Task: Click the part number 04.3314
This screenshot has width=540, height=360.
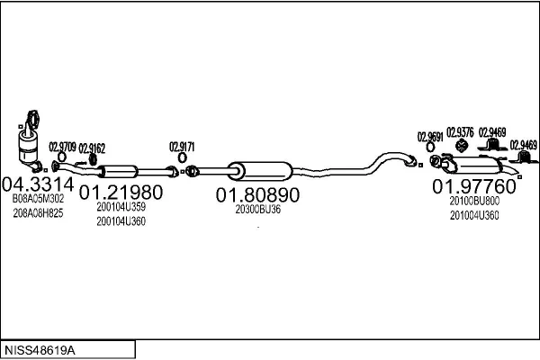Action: [x=38, y=184]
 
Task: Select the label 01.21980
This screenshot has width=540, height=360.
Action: [x=121, y=193]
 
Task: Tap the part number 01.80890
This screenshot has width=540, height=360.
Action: [x=257, y=195]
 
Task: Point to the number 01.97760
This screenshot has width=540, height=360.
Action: [x=474, y=186]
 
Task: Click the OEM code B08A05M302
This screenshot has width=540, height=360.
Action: [x=38, y=198]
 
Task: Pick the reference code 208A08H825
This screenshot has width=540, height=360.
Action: [x=38, y=213]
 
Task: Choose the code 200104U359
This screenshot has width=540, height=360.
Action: [x=121, y=207]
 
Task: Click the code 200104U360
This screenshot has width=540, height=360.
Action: [x=121, y=221]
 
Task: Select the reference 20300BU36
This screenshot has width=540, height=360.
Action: [x=258, y=209]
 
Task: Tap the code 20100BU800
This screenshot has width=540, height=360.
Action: [x=474, y=201]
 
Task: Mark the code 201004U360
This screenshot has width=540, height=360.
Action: [x=474, y=215]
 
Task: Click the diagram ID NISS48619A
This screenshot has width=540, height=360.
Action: [x=40, y=350]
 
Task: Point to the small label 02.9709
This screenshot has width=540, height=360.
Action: [x=62, y=147]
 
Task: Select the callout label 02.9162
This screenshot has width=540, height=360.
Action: [x=92, y=148]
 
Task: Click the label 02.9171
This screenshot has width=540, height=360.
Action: [x=182, y=147]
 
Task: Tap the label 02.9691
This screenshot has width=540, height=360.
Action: [x=430, y=137]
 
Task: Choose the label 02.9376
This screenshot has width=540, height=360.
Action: [x=460, y=132]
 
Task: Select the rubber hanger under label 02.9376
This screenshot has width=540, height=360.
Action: [x=461, y=146]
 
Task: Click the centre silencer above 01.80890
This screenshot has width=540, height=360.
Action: [x=260, y=171]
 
